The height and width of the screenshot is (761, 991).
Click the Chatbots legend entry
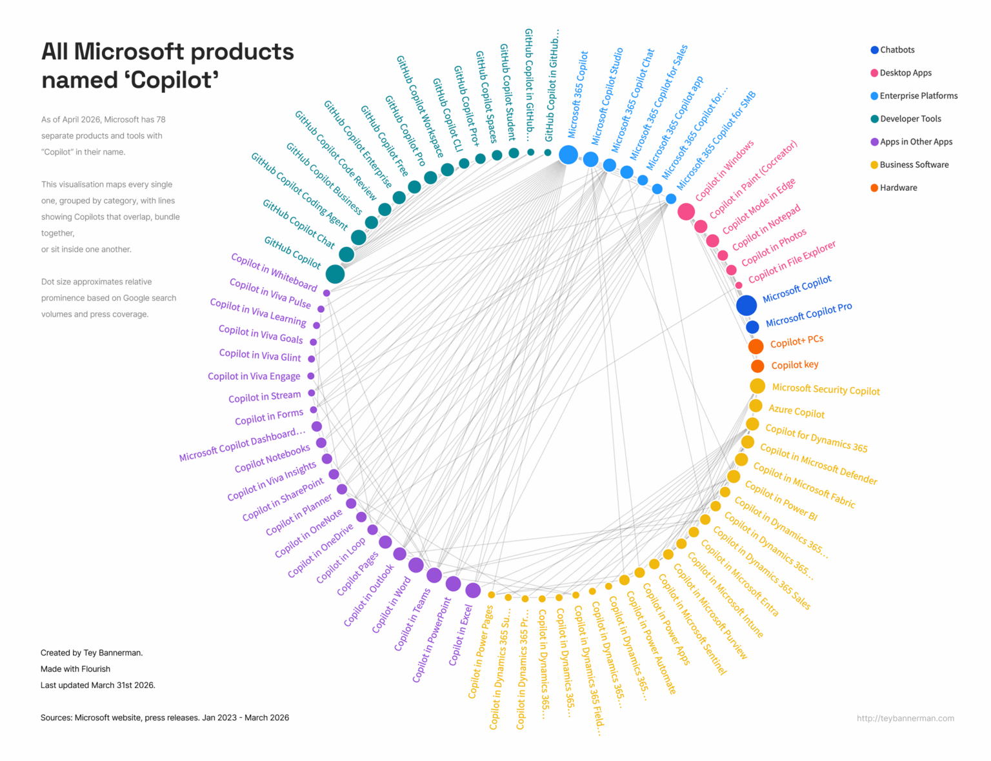point(896,50)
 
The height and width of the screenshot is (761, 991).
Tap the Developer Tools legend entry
point(910,119)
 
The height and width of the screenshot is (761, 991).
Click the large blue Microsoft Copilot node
point(746,305)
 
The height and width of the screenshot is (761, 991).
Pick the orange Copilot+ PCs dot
point(756,346)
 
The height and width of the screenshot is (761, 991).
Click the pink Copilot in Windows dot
point(686,211)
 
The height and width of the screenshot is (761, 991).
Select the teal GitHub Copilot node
point(335,274)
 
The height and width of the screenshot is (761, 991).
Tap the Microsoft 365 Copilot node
point(568,155)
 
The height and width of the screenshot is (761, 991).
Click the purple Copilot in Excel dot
point(473,590)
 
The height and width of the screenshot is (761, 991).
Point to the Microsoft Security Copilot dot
point(757,386)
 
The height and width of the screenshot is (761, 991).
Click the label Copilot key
point(795,365)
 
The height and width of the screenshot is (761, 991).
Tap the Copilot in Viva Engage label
point(254,376)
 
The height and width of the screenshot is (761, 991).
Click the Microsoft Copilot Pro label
point(808,315)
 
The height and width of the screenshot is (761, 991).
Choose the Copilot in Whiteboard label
point(274,272)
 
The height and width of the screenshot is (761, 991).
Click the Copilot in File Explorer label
point(792,262)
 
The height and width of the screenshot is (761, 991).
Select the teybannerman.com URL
point(905,718)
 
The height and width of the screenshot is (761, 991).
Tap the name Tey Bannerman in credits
point(112,653)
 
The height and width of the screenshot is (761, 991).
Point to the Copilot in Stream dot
point(312,393)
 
